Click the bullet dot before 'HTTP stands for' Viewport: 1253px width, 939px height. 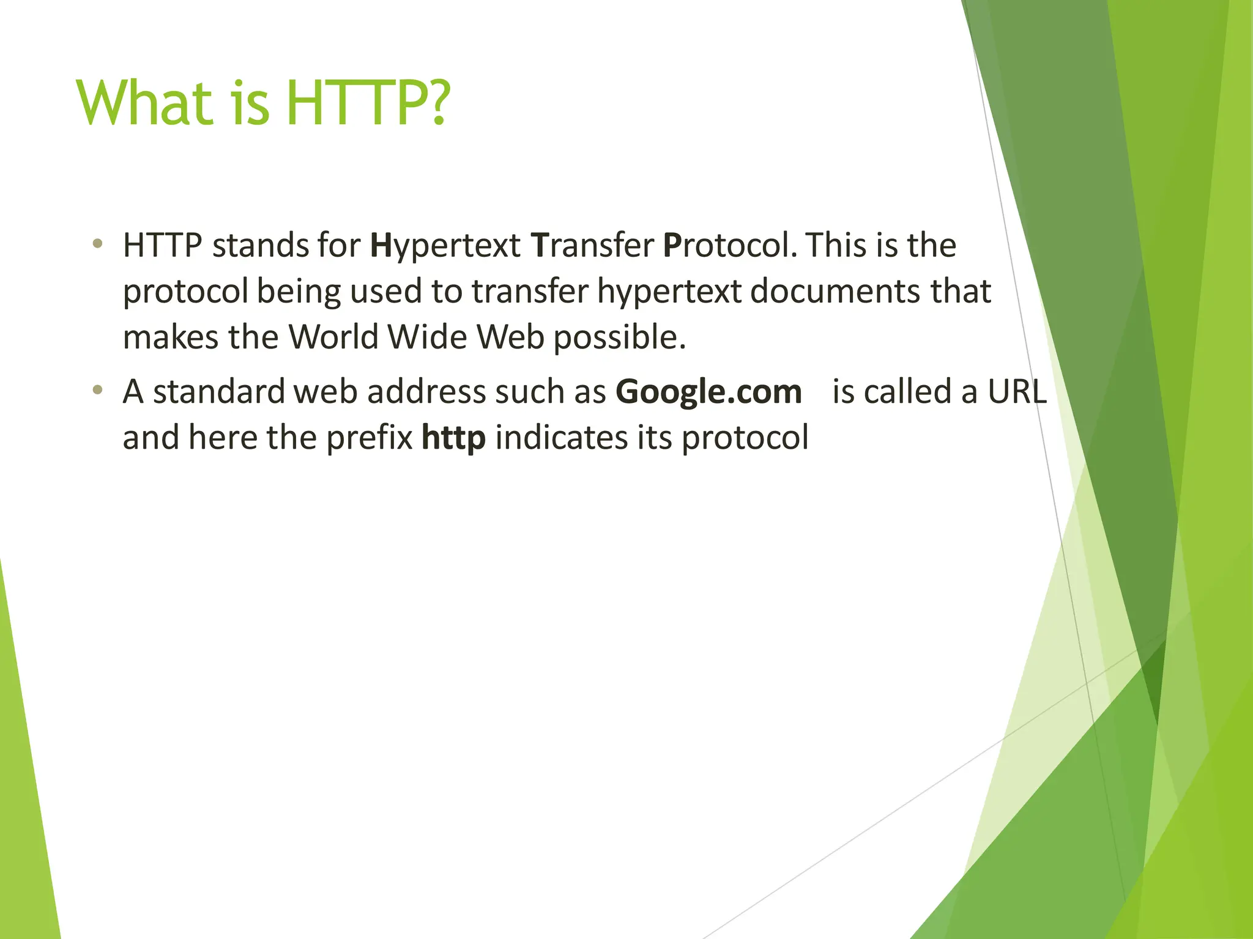coord(97,245)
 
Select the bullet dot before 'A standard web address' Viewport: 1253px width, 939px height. coord(97,391)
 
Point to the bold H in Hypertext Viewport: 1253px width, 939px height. coord(381,245)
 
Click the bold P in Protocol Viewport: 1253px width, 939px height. coord(672,245)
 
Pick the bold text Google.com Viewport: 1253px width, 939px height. coord(708,392)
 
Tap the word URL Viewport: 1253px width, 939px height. coord(1017,392)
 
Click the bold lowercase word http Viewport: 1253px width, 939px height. coord(453,438)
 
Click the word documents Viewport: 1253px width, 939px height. coord(836,291)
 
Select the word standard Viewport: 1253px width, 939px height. coord(218,392)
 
